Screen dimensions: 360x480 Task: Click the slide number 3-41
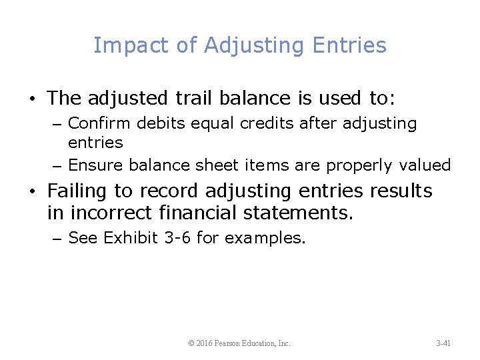pyautogui.click(x=443, y=343)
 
